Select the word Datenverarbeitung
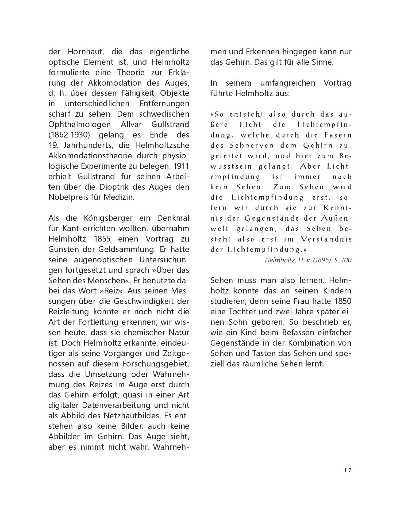114,405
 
